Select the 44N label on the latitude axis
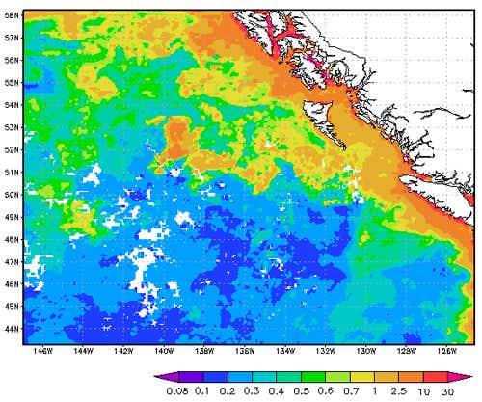click(x=13, y=329)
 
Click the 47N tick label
click(x=13, y=261)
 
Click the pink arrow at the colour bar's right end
click(x=469, y=377)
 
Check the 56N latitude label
click(x=13, y=61)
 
